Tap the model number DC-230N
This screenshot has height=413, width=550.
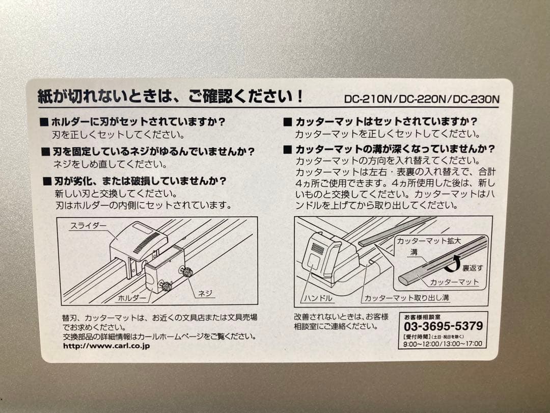click(x=476, y=99)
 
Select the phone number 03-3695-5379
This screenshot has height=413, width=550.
click(x=443, y=326)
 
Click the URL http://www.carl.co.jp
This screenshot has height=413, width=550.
click(x=106, y=346)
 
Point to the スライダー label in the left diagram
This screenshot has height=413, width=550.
click(x=89, y=226)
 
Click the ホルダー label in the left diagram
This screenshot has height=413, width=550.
click(x=132, y=297)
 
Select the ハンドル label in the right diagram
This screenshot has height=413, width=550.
click(x=317, y=297)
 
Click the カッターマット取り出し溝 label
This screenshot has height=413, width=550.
click(x=406, y=297)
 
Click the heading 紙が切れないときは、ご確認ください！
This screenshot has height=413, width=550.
click(x=171, y=96)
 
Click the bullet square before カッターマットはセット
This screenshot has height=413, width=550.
click(x=287, y=122)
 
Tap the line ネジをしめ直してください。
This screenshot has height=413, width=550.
click(x=109, y=164)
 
